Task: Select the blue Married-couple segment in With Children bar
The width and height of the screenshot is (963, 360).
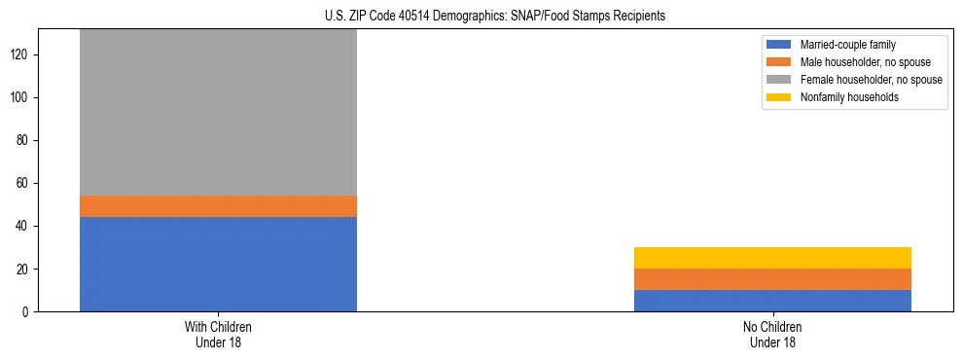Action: point(218,264)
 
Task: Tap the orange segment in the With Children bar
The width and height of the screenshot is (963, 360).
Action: point(218,206)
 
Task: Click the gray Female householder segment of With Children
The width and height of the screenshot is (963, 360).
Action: point(218,113)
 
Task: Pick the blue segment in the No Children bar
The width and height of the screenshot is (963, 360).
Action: point(772,301)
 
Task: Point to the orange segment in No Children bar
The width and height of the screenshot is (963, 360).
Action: point(772,279)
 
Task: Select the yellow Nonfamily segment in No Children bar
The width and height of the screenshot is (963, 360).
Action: point(772,258)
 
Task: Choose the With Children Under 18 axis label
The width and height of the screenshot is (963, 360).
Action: point(218,335)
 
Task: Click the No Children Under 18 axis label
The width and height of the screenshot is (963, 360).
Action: point(772,335)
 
